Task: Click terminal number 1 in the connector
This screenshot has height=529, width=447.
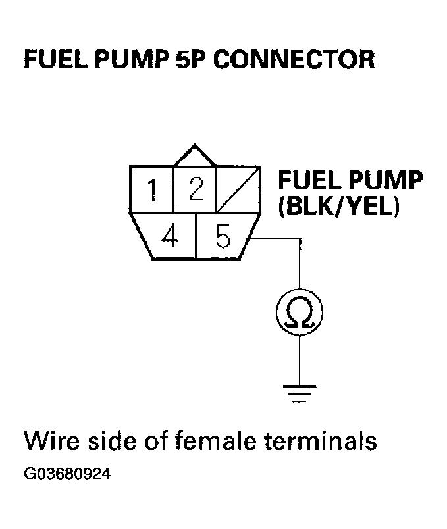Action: point(152,191)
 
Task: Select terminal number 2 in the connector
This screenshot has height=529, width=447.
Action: point(195,190)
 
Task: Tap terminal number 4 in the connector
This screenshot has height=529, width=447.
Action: point(169,236)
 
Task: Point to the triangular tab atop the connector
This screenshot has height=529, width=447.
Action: point(195,156)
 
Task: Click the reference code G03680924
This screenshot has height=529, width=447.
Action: point(67,474)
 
